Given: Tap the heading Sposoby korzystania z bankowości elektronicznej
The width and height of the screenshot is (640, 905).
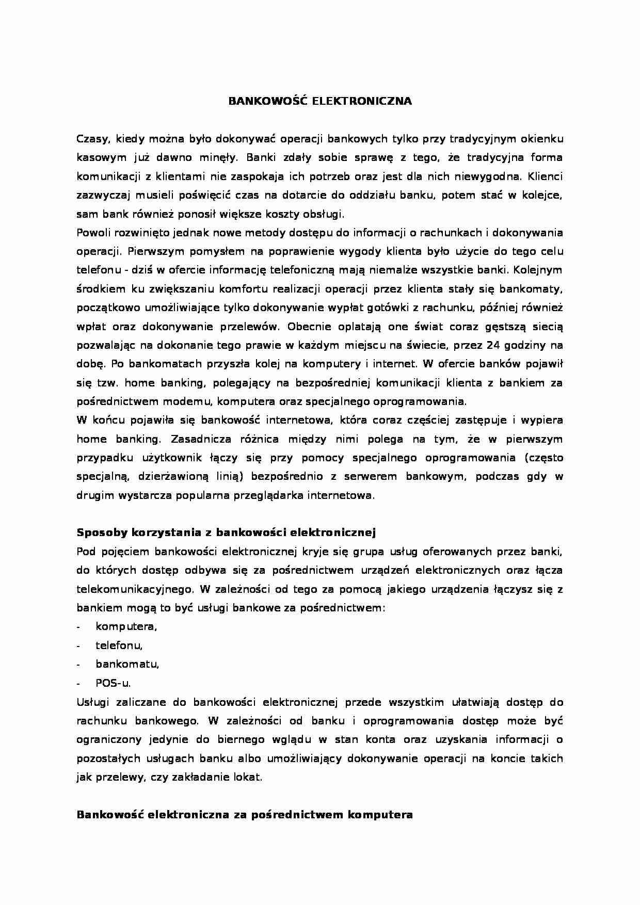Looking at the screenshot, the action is (226, 532).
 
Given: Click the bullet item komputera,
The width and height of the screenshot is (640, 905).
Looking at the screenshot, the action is (126, 626).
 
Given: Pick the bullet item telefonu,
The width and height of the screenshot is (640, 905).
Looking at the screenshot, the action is (119, 645).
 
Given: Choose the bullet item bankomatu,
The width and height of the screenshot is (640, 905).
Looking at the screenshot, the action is (127, 664).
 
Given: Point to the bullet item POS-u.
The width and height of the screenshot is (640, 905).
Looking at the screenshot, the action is (113, 683).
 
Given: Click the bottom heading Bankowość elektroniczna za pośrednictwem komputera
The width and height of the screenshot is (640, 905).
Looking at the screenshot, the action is (244, 815).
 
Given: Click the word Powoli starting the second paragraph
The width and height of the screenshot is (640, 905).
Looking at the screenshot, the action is (91, 233).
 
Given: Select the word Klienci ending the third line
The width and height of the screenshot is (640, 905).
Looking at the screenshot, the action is (546, 176).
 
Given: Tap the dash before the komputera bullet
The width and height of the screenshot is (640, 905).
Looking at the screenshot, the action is (78, 627).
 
